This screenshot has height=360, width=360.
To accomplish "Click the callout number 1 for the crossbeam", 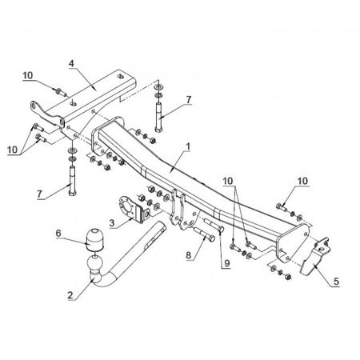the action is point(188,146).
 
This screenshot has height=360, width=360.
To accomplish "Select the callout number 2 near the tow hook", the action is point(70,295).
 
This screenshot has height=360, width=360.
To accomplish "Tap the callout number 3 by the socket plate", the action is point(112,222).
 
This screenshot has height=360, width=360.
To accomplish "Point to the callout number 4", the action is point(71,63).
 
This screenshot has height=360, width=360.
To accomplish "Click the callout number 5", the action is point(336,282).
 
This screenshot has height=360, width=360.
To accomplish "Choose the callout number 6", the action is point(58,234).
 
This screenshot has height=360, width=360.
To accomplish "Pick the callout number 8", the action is point(189,255).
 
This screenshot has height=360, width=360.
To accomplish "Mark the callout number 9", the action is point(227,263).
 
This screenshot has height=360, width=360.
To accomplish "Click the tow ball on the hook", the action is point(94,262).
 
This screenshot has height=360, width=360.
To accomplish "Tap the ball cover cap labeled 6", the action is point(94,240).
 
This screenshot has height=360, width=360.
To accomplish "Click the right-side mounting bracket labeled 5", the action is point(315,255).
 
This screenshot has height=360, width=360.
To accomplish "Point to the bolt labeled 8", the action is point(205,234).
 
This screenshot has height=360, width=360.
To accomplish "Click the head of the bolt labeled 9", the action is point(221,229).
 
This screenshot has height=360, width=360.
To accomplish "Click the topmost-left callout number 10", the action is point(27,75).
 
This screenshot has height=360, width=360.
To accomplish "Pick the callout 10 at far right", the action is point(302,181).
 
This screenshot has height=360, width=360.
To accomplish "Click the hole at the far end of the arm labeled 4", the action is point(120,76).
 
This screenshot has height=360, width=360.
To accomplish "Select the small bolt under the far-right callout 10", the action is point(281,206).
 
